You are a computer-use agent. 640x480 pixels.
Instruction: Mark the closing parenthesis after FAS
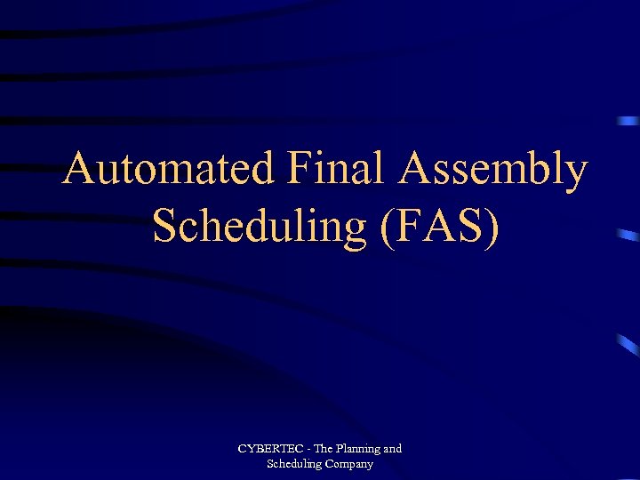[492, 227]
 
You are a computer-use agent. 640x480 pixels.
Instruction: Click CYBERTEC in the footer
[267, 449]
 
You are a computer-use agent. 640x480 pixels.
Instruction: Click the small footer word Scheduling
[295, 464]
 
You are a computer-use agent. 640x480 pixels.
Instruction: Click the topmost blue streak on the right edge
[629, 120]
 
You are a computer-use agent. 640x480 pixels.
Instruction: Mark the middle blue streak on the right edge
[628, 236]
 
